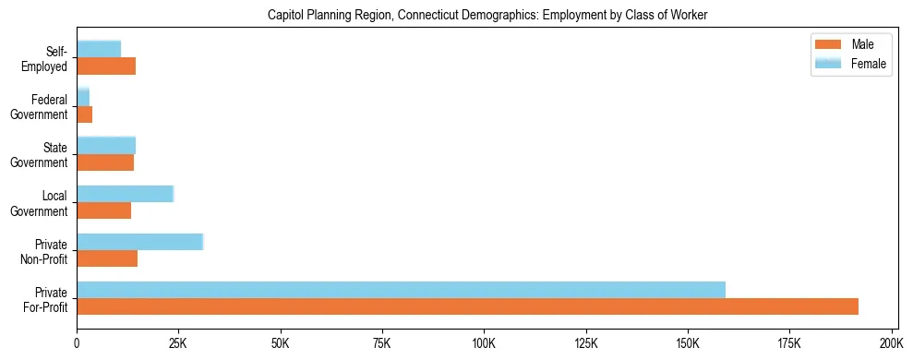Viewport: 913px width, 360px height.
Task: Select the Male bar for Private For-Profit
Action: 467,306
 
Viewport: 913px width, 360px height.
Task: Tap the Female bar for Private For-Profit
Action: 401,290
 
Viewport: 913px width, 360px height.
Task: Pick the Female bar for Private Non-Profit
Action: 139,242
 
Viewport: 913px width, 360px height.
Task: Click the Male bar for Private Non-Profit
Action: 107,258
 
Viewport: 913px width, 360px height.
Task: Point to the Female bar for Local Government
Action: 125,194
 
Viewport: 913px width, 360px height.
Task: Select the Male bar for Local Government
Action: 103,210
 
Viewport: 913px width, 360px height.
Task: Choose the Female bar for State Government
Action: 106,145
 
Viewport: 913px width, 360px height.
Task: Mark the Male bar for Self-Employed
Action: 106,66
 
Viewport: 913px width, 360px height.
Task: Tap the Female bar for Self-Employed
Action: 99,49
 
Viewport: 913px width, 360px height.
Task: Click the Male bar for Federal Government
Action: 84,114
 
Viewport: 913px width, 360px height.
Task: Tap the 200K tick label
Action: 891,342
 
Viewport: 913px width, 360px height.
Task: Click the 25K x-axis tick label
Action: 178,342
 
